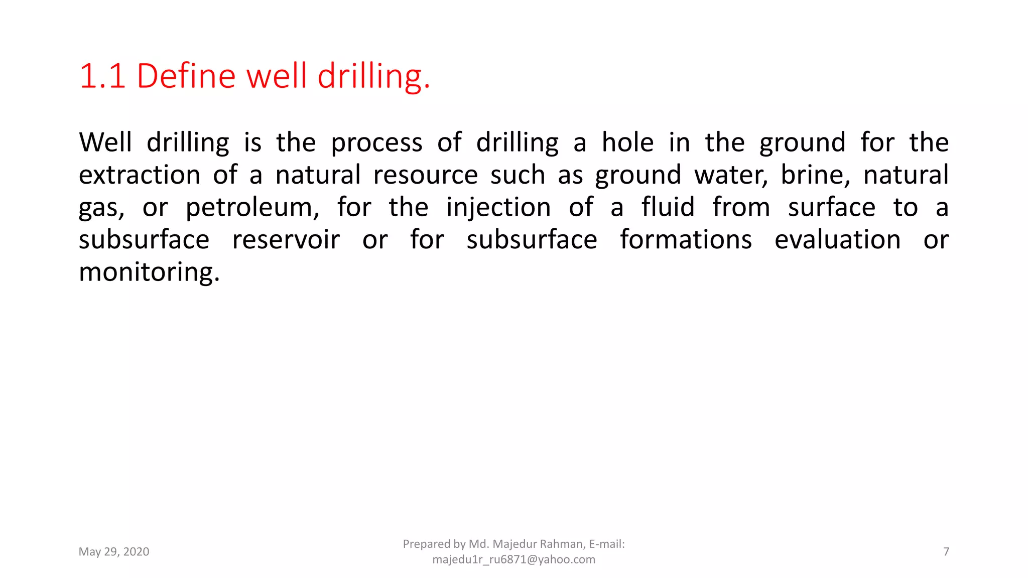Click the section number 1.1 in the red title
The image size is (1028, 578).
coord(102,77)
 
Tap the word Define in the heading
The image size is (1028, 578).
coord(186,77)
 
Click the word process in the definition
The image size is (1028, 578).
coord(376,143)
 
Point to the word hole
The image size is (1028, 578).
coord(627,142)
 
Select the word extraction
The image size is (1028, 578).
coord(140,175)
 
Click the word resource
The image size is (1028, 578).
coord(426,175)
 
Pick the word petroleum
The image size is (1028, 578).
coord(252,208)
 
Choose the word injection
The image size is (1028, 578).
coord(498,208)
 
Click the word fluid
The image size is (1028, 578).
coord(668,207)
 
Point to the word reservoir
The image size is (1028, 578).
coord(286,240)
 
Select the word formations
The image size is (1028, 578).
coord(686,240)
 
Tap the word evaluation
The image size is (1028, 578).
coord(837,240)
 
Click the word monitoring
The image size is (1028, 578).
coord(149,272)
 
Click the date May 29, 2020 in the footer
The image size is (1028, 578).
coord(114,552)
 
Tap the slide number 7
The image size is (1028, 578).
coord(946,552)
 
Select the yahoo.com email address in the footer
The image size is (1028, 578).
coord(513,559)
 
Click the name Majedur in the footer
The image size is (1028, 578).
coord(515,544)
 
